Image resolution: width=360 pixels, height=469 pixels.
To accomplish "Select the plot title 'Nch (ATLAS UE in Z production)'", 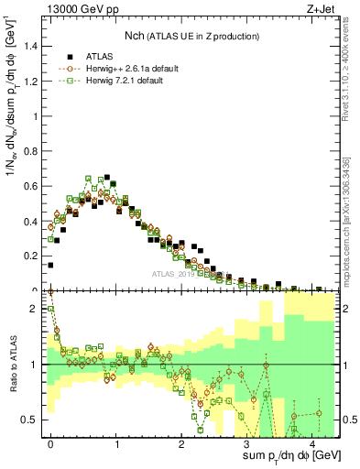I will (x=191, y=36).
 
